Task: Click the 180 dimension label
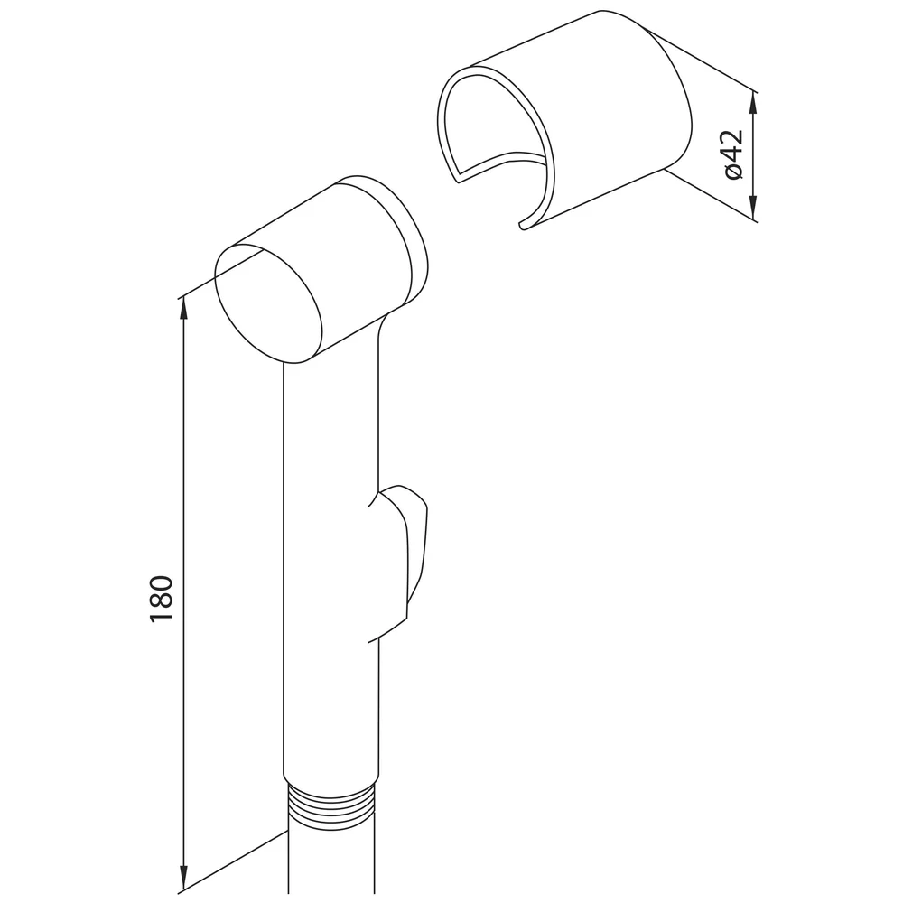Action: (162, 599)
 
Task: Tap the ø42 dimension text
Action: (733, 154)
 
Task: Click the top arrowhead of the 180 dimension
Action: (183, 309)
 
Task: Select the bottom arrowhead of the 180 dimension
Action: (183, 879)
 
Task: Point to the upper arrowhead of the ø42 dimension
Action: (754, 104)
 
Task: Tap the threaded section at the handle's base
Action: (330, 805)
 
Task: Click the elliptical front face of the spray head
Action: (268, 303)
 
